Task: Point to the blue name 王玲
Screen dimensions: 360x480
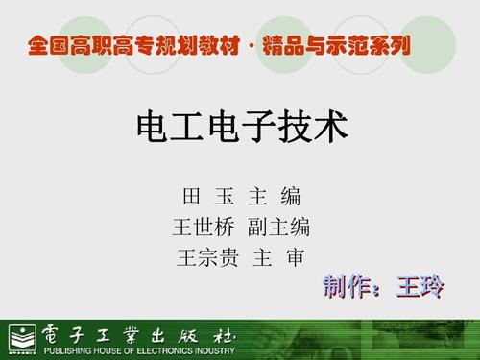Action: coord(416,286)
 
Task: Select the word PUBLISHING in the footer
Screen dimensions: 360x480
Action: coord(67,350)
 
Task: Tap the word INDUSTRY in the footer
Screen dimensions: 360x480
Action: coord(233,350)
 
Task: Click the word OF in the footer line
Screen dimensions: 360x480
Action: coord(140,350)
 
